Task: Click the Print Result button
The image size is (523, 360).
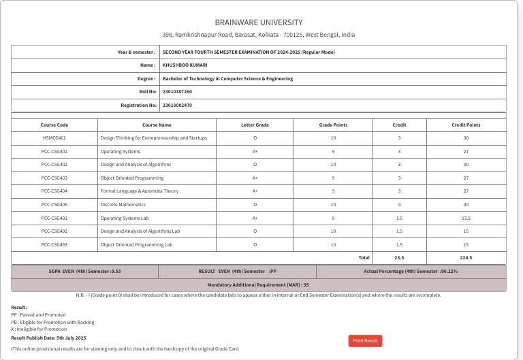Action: point(366,340)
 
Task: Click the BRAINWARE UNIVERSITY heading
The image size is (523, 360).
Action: point(258,22)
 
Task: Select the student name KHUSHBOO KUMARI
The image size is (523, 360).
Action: point(185,65)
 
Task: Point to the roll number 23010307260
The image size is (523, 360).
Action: point(177,91)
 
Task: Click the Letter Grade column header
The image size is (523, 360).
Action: point(255,125)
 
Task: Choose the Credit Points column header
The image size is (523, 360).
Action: point(466,125)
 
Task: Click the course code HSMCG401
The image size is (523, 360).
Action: point(54,138)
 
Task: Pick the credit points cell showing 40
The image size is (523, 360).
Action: point(466,204)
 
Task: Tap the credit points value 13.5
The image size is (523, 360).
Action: point(466,218)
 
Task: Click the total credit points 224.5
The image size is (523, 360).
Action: point(466,258)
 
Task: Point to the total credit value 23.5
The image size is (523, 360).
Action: point(399,258)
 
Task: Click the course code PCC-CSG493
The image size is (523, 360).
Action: point(54,244)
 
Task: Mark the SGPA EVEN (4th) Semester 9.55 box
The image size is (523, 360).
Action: point(84,272)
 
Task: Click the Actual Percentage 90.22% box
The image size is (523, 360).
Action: point(411,272)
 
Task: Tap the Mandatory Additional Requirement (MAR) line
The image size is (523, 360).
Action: point(258,285)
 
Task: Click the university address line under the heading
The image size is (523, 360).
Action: point(258,35)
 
